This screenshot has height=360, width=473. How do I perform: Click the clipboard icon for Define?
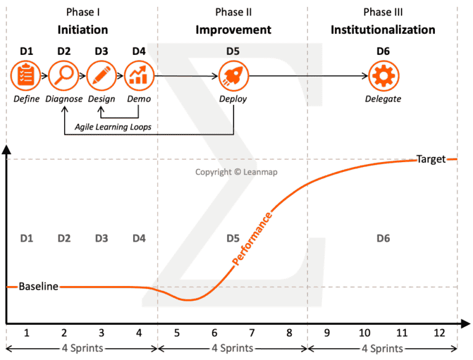click(x=25, y=76)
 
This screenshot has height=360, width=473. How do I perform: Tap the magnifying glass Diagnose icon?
click(x=63, y=76)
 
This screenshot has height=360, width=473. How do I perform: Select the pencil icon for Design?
click(x=102, y=76)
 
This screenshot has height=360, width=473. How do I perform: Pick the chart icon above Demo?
click(x=139, y=76)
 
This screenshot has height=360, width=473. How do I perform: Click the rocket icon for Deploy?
click(x=233, y=76)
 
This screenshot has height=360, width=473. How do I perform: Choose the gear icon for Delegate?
click(x=383, y=76)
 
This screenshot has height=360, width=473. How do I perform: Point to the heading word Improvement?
click(x=233, y=30)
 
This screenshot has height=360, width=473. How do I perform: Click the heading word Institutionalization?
click(x=382, y=30)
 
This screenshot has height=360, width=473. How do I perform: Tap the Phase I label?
click(x=83, y=12)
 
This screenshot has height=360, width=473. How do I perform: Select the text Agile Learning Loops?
click(x=112, y=126)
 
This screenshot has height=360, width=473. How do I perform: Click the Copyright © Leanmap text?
click(x=236, y=173)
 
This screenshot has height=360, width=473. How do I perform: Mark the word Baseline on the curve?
click(x=38, y=287)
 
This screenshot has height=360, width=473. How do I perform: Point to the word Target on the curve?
click(x=431, y=159)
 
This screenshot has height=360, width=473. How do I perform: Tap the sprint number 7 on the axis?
click(x=251, y=333)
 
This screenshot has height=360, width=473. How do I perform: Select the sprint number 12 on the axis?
click(x=439, y=333)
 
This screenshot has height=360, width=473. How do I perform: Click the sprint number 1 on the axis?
click(x=26, y=333)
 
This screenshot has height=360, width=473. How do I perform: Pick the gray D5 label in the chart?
click(x=233, y=238)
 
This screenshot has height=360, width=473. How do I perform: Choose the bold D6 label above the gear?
click(x=383, y=51)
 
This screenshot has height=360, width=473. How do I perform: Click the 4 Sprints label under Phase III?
click(x=382, y=349)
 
